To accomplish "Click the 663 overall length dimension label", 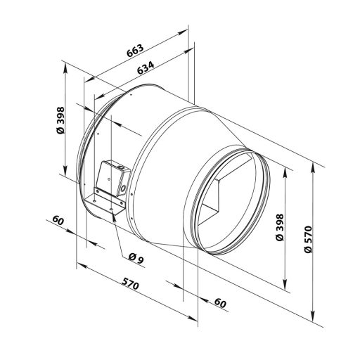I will point(134,51).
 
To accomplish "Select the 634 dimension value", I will point(144,70).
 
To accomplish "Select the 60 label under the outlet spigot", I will point(219,304).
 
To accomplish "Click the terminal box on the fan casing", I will point(111,179).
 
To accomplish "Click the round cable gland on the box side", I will point(125,188).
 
